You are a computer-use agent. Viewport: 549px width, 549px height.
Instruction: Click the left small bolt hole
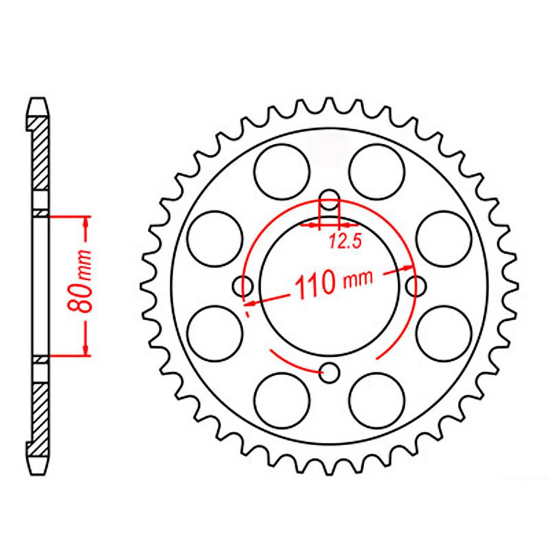coord(243,286)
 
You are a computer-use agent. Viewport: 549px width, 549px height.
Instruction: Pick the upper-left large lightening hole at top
coord(282,171)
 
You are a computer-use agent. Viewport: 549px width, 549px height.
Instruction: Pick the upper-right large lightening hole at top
coord(376,171)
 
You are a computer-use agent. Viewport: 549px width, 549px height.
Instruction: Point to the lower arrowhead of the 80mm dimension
coord(85,350)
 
